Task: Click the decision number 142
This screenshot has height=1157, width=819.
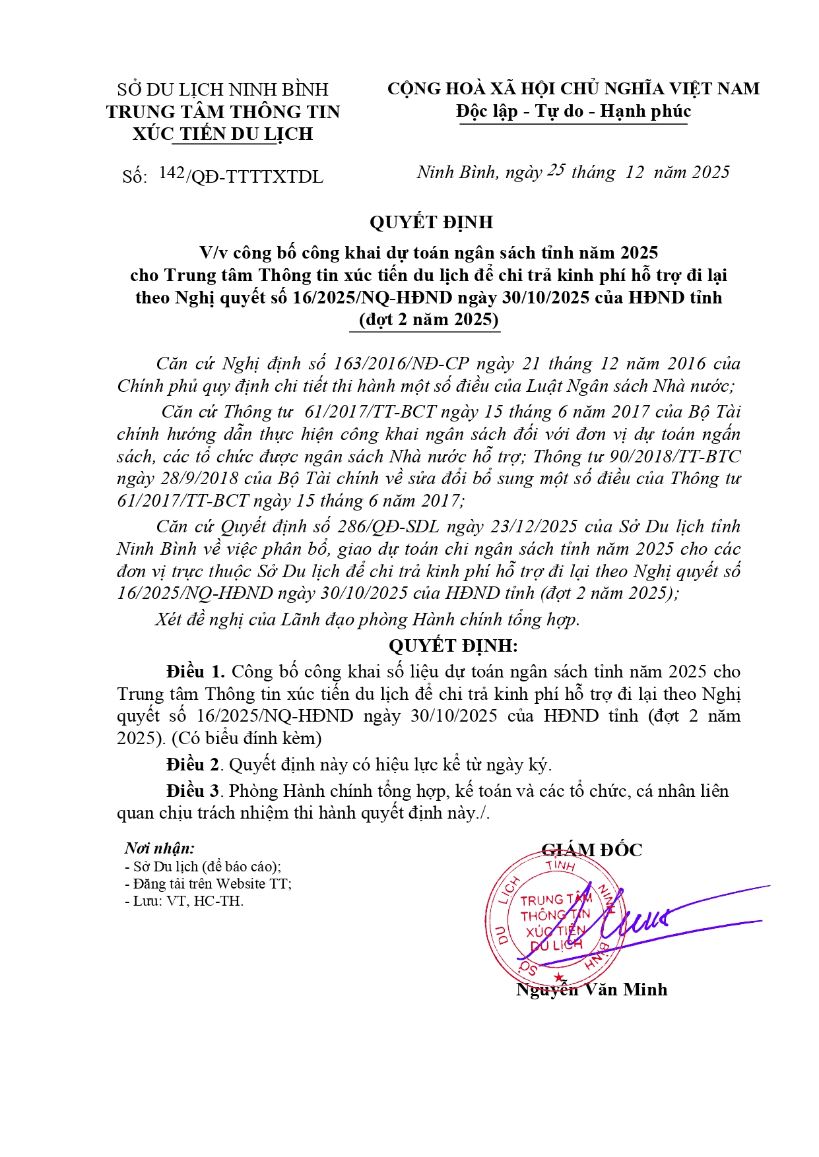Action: pyautogui.click(x=172, y=173)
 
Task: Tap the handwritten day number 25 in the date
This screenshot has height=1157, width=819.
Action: pyautogui.click(x=556, y=170)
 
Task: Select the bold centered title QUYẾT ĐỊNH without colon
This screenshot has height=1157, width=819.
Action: pyautogui.click(x=431, y=222)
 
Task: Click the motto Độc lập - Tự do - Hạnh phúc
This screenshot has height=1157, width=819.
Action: pyautogui.click(x=573, y=111)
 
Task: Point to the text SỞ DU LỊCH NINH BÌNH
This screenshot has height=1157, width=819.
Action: pyautogui.click(x=222, y=89)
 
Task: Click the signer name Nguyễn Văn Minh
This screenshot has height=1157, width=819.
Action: pyautogui.click(x=591, y=989)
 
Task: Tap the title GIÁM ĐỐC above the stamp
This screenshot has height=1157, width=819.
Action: pyautogui.click(x=591, y=850)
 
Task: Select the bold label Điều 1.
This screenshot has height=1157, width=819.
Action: pyautogui.click(x=195, y=672)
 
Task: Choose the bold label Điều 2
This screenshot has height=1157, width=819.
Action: pyautogui.click(x=193, y=765)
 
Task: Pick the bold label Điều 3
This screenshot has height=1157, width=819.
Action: pyautogui.click(x=193, y=790)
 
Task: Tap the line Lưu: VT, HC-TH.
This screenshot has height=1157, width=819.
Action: pyautogui.click(x=184, y=901)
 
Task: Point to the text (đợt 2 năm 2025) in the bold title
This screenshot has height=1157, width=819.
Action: pyautogui.click(x=429, y=320)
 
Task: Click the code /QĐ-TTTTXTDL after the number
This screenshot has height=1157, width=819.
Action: pyautogui.click(x=255, y=177)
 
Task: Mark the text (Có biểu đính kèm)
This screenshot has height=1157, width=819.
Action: pyautogui.click(x=246, y=737)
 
